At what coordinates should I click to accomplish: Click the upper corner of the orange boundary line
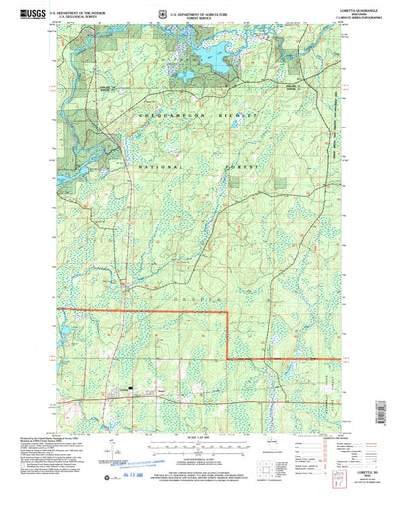228,313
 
